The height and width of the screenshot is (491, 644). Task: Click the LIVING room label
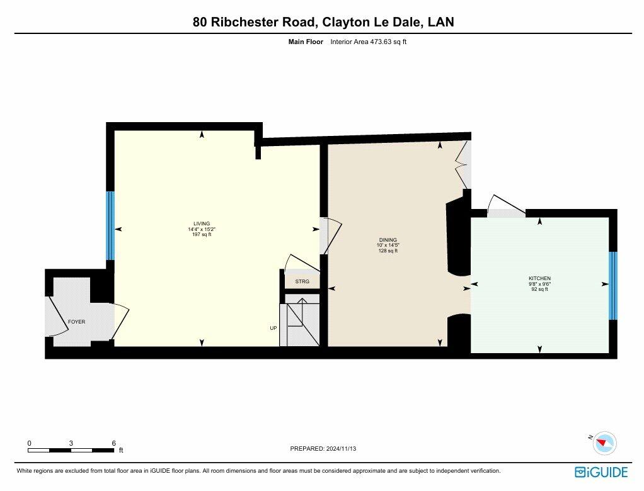click(202, 223)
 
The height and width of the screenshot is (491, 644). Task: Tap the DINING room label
click(388, 240)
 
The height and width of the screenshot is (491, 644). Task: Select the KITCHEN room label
click(539, 278)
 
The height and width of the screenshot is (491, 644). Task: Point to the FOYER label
click(77, 322)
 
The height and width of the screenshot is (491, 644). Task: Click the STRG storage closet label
click(302, 281)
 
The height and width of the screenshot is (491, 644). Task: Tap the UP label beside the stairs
click(273, 328)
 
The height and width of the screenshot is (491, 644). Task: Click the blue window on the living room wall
click(110, 225)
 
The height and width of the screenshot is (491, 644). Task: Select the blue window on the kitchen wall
click(612, 286)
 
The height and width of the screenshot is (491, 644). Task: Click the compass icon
click(604, 443)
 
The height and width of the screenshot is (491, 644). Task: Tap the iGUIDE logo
click(601, 472)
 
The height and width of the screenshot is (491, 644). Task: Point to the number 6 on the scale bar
click(114, 443)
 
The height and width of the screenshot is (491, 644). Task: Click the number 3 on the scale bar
click(71, 443)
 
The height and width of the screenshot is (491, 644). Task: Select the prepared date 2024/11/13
click(342, 449)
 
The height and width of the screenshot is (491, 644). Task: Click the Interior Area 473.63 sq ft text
click(369, 42)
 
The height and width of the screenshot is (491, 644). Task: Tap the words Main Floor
click(306, 42)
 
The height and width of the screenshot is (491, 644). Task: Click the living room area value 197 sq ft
click(202, 235)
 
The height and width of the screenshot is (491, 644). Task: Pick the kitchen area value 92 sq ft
click(539, 289)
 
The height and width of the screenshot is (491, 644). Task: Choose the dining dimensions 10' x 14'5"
click(388, 245)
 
